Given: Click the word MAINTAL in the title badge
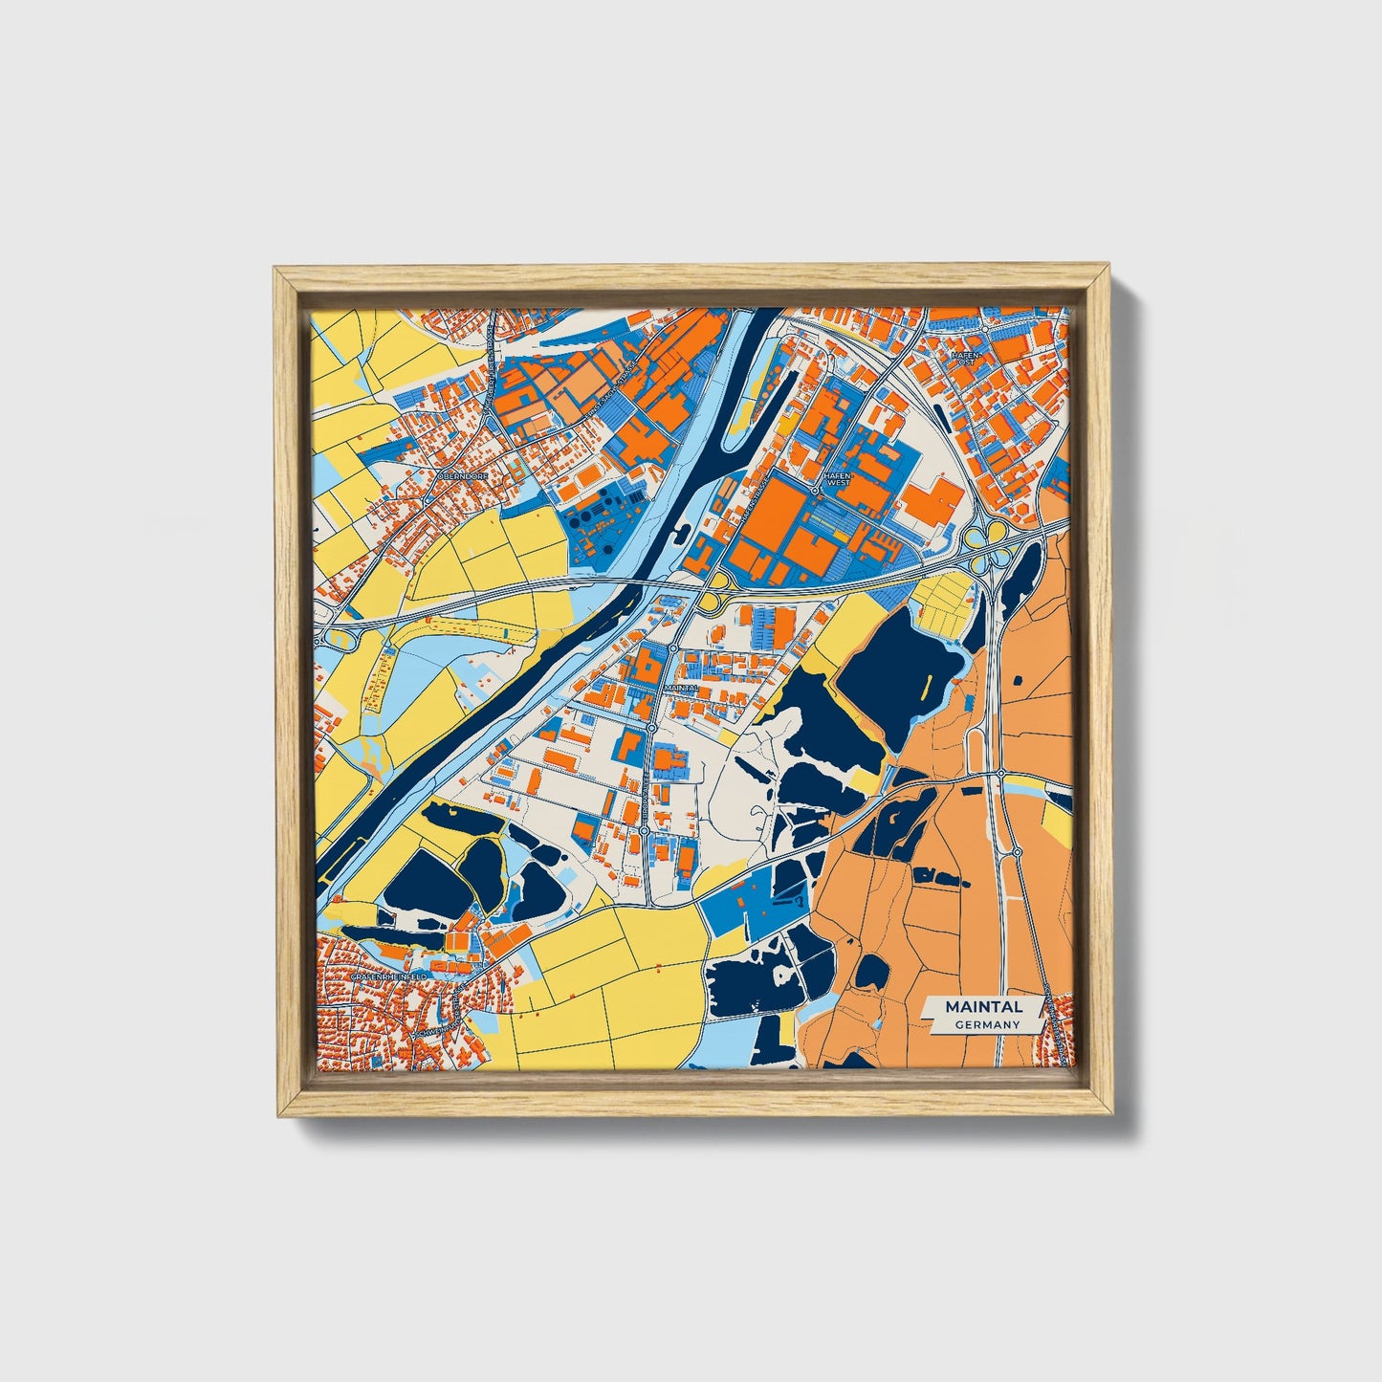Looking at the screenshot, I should tap(983, 1006).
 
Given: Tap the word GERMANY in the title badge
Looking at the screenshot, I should tap(986, 1024).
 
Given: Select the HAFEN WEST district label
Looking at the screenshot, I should tap(837, 478).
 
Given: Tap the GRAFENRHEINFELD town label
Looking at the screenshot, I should tap(388, 976).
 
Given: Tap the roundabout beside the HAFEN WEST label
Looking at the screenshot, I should tap(814, 490).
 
